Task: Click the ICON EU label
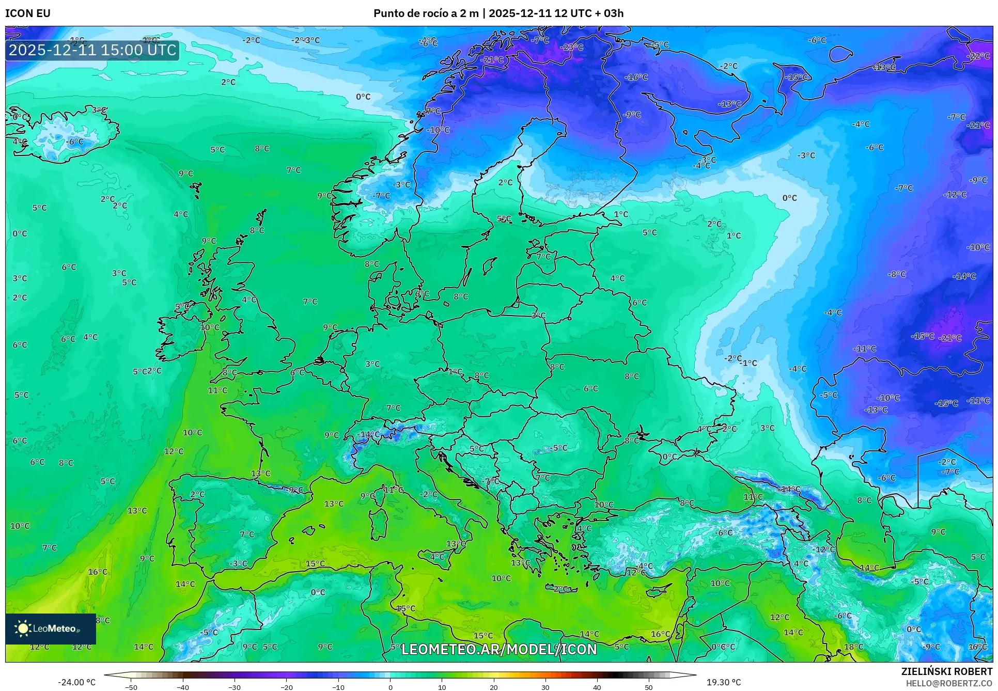click(x=28, y=13)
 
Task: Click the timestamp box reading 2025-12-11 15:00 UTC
click(x=92, y=50)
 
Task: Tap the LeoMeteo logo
click(x=50, y=629)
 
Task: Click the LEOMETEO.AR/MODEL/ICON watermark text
click(x=498, y=649)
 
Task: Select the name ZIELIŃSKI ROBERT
click(x=946, y=671)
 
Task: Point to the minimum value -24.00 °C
click(x=76, y=682)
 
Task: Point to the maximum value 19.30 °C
click(x=723, y=682)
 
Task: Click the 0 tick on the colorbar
click(x=390, y=687)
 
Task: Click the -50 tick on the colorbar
click(x=131, y=687)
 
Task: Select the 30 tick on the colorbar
click(x=545, y=687)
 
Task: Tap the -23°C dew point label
click(x=572, y=47)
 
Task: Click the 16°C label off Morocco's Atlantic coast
click(x=98, y=572)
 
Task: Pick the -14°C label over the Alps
click(x=369, y=434)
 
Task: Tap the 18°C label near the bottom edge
click(x=853, y=647)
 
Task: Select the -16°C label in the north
click(x=636, y=77)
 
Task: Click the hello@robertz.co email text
click(x=949, y=683)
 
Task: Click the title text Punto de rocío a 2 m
click(x=426, y=13)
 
